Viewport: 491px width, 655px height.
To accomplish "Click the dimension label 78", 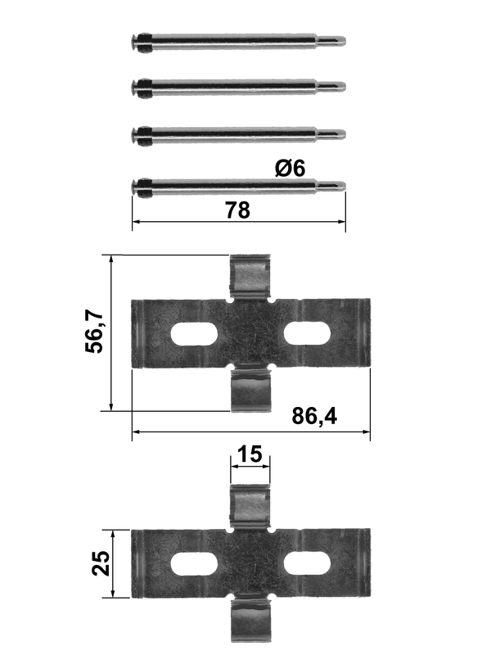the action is (x=237, y=210).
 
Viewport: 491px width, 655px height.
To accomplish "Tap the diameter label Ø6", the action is (x=291, y=169).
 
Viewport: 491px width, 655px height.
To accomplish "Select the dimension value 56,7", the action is (x=94, y=332).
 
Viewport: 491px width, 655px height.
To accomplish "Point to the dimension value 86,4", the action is (x=314, y=416).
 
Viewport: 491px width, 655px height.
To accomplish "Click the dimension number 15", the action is (x=250, y=454).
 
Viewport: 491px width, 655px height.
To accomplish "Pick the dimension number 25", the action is (x=101, y=563).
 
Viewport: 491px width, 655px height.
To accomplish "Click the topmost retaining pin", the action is (x=238, y=42).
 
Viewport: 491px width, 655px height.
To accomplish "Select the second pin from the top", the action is (x=238, y=88).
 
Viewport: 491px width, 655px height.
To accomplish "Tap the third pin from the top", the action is (x=238, y=134).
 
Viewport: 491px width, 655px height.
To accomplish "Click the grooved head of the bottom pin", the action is (x=142, y=187).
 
